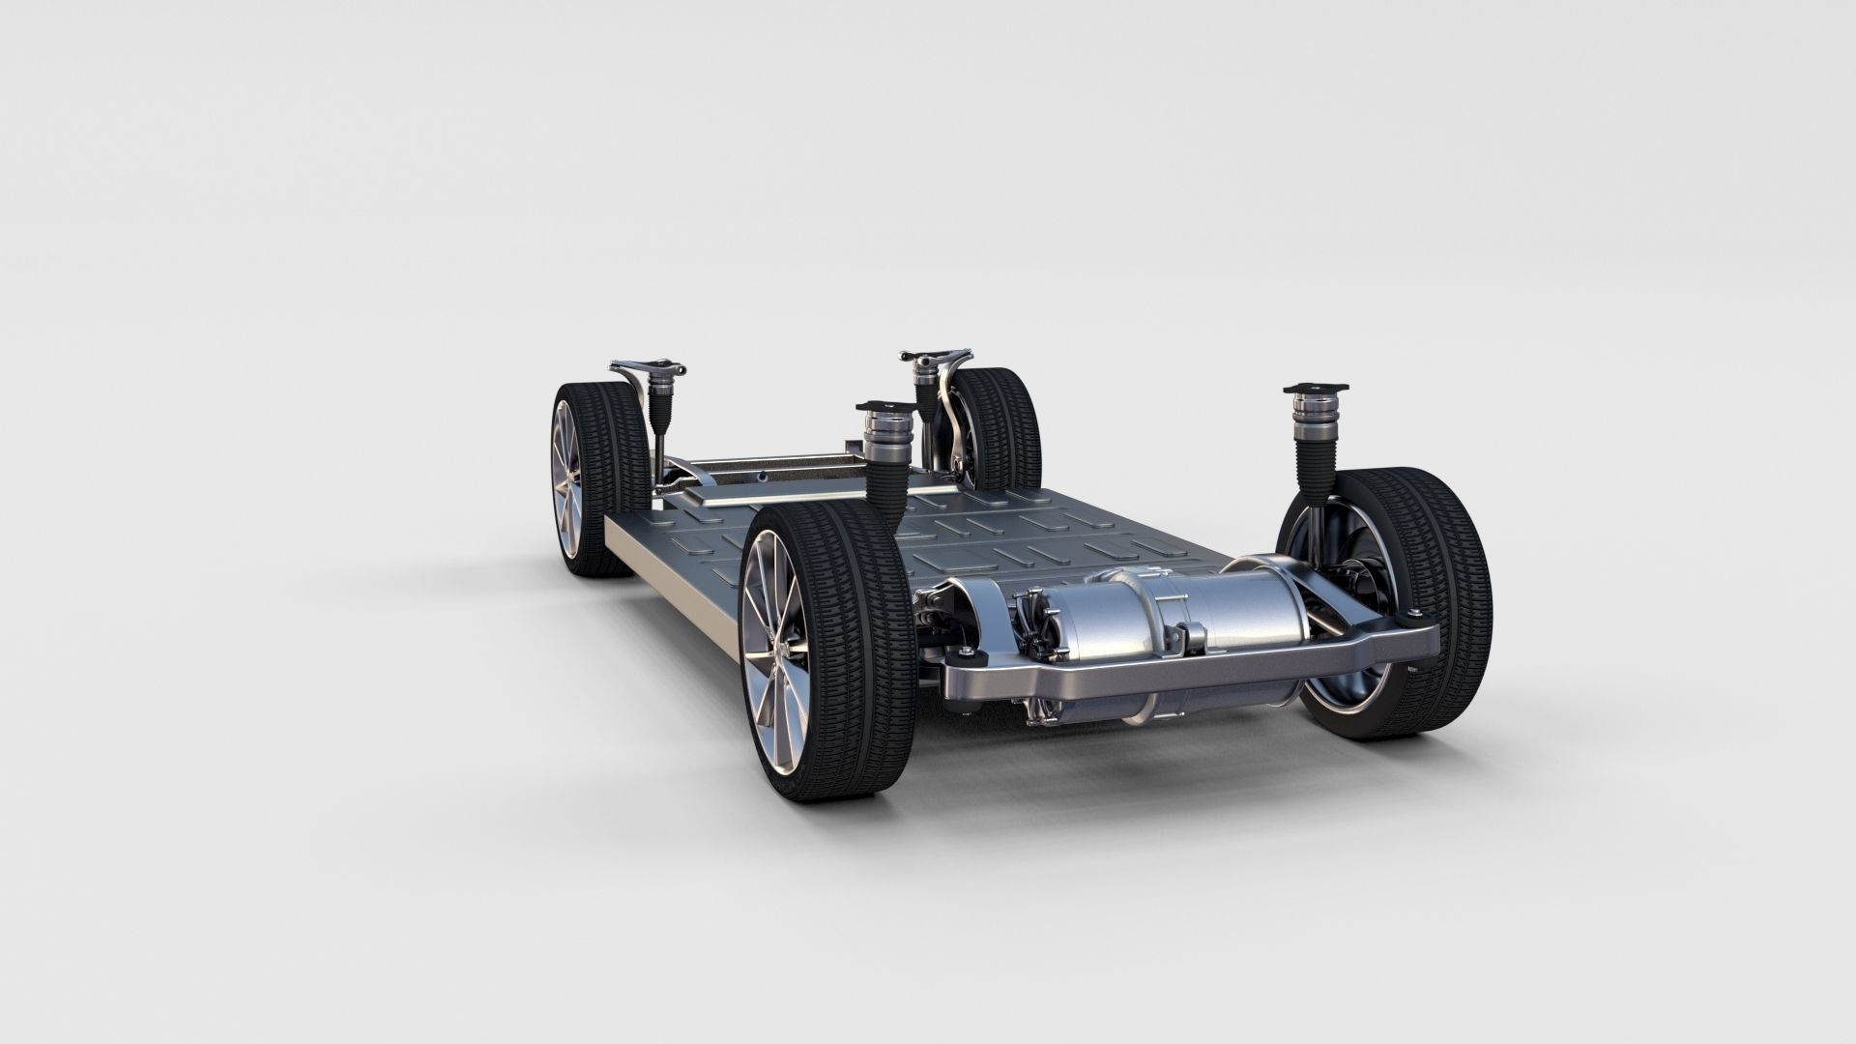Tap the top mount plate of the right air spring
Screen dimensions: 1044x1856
tap(1316, 388)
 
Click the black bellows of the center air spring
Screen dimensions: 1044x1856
tap(882, 488)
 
